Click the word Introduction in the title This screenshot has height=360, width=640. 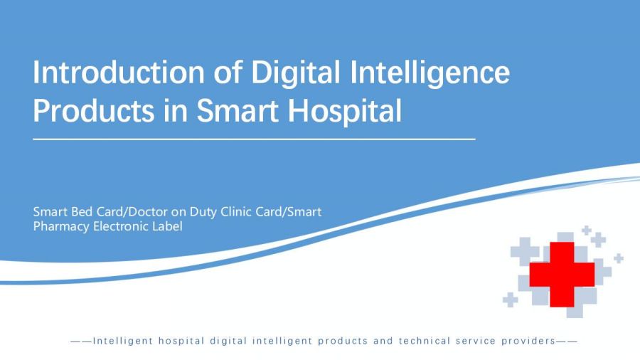[119, 73]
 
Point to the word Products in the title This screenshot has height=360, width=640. [94, 110]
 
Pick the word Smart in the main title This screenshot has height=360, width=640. [238, 110]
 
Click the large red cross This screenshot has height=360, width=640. [562, 275]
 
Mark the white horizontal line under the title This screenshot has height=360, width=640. [255, 139]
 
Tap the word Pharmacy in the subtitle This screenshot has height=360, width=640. [61, 227]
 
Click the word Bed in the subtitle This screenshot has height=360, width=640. [82, 212]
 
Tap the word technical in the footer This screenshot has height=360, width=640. [425, 341]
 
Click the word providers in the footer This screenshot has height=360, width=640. [528, 342]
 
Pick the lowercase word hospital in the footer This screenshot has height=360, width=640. [181, 342]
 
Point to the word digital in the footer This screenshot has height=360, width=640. [228, 342]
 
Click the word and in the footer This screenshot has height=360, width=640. [383, 341]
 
